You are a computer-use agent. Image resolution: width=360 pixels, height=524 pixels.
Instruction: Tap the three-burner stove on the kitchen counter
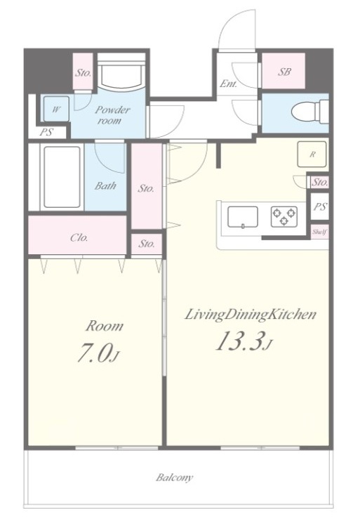(x=284, y=216)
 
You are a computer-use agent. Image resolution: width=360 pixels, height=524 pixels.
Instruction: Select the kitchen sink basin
(x=243, y=217)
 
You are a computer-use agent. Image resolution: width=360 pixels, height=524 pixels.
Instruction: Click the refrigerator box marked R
(x=312, y=154)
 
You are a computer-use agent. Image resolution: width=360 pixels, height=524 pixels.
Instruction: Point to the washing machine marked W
(x=56, y=109)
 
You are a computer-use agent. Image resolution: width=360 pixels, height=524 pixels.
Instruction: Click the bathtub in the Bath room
(x=62, y=177)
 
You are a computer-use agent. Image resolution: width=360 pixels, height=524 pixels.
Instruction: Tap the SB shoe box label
(x=284, y=72)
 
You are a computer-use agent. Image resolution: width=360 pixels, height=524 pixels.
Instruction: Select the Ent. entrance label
(x=229, y=84)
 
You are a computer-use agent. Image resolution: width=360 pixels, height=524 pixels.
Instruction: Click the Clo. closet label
(x=79, y=237)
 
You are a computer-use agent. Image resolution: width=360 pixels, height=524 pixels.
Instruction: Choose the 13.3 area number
(x=238, y=341)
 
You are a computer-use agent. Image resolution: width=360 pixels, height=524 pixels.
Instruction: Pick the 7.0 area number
(x=93, y=353)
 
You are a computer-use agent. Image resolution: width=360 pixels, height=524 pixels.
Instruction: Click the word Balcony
(x=174, y=477)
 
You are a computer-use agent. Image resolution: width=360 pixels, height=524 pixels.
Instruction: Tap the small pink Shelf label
(x=319, y=232)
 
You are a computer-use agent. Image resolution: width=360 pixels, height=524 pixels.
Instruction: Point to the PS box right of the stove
(x=319, y=207)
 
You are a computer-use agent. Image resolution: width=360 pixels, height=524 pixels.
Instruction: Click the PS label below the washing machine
(x=46, y=132)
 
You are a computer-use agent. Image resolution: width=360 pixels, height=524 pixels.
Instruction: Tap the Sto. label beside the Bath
(x=146, y=188)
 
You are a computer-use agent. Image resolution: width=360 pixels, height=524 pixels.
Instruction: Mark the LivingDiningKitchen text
(x=251, y=315)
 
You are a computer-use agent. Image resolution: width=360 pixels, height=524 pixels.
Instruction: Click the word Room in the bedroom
(x=105, y=326)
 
